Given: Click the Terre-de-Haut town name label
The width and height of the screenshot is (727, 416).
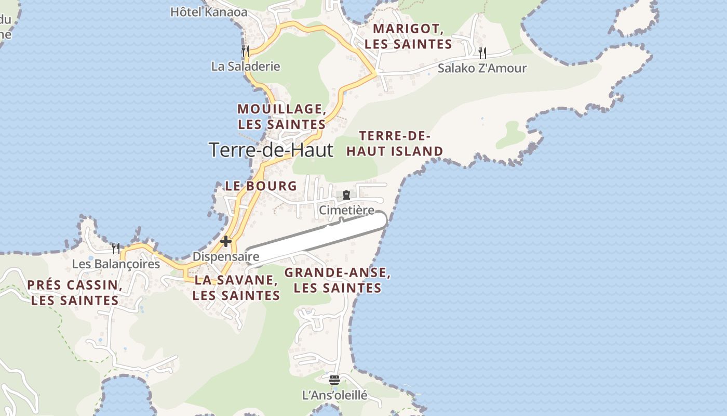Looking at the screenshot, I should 271,150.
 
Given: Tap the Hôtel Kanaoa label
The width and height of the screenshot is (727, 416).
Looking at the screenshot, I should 209,11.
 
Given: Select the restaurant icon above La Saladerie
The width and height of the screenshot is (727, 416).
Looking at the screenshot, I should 246,50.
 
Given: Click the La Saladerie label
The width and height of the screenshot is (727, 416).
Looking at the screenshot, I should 246,67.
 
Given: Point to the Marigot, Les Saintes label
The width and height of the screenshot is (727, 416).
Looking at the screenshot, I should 408,36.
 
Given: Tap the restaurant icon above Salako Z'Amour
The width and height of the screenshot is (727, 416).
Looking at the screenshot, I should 482,53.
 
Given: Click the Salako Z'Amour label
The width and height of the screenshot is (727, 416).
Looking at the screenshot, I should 482,68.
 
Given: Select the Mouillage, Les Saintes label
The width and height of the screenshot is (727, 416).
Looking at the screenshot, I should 282,116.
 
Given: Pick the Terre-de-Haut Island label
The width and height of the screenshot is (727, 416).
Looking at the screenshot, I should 395,144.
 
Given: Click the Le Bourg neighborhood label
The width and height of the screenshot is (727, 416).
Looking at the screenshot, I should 261,186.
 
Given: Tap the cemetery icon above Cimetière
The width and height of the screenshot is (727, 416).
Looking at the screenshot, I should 346,195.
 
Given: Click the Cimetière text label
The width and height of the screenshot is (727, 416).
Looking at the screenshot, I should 346,210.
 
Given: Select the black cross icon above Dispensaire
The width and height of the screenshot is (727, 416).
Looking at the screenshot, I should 226,241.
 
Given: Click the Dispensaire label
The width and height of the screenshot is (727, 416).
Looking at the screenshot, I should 226,256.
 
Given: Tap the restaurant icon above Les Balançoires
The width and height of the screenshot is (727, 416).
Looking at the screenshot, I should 116,249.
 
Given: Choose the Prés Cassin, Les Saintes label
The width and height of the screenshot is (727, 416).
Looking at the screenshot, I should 75,292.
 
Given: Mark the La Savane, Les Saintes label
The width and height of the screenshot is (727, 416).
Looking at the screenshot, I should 236,288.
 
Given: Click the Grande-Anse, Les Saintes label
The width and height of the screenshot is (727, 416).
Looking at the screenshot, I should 338,280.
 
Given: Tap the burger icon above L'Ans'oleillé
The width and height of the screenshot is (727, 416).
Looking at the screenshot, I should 334,380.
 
